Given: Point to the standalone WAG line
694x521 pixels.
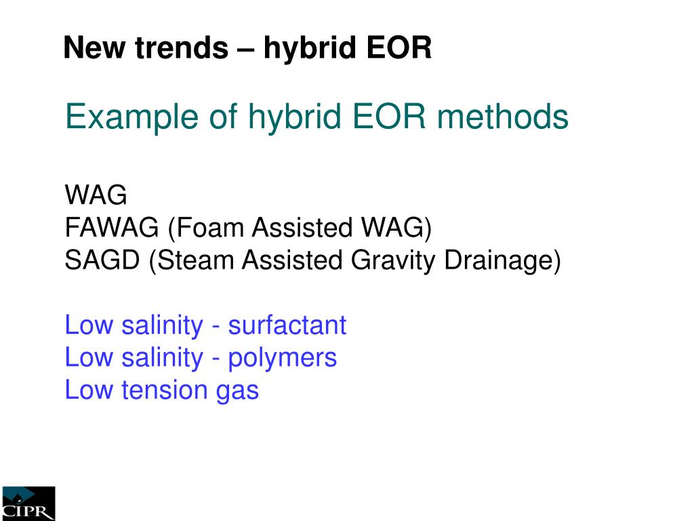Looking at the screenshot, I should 96,196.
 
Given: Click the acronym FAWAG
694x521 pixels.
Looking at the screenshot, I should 112,229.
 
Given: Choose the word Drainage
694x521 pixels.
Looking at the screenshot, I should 502,261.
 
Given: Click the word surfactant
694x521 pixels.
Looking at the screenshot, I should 287,326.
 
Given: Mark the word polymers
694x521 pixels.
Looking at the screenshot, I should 282,358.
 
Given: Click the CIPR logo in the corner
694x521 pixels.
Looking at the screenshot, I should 28,503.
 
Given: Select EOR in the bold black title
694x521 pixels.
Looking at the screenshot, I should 399,48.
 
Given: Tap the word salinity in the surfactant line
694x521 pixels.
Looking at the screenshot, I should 162,326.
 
